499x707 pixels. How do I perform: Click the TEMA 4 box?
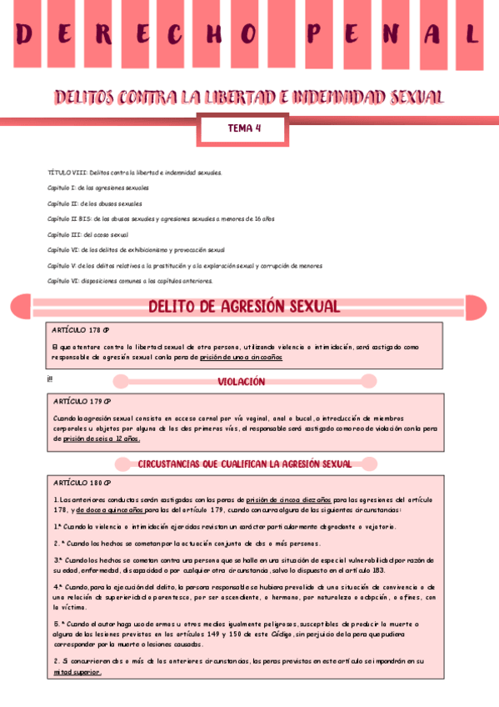tap(244, 128)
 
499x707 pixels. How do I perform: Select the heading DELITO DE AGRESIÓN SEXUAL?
tap(244, 306)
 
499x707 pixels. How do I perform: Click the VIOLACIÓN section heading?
tap(242, 381)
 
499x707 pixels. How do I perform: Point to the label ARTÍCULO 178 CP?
tap(81, 329)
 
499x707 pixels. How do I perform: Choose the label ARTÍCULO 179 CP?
tap(81, 402)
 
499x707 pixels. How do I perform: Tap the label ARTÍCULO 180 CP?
tap(81, 483)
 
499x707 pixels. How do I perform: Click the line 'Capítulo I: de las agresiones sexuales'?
tap(97, 188)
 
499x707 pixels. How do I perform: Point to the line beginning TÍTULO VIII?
tap(134, 172)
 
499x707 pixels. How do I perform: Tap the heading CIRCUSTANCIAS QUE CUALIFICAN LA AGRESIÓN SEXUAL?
tap(244, 463)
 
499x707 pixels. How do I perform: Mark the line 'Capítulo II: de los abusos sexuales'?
tap(94, 203)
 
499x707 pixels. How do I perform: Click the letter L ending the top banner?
tap(472, 35)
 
